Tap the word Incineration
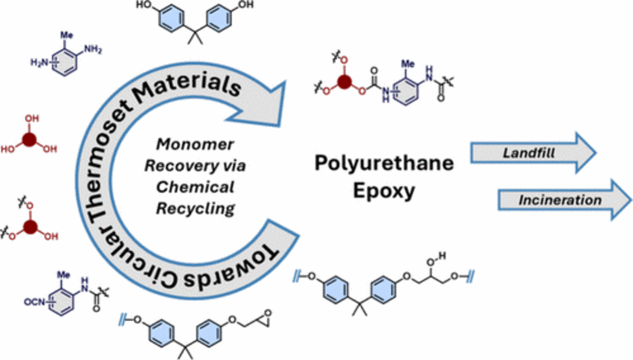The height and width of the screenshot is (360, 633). click(560, 200)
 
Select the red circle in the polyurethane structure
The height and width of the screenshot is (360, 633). click(343, 83)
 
